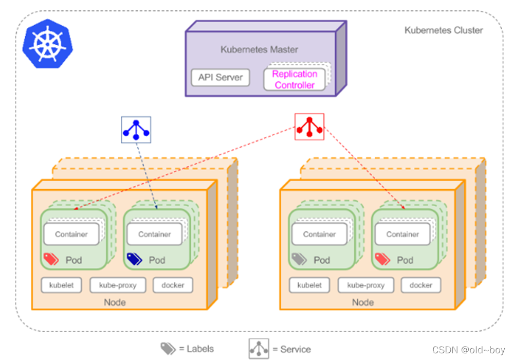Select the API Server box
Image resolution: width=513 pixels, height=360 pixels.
point(221,78)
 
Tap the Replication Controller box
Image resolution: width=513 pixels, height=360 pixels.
point(295,80)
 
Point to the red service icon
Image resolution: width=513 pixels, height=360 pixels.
point(309,127)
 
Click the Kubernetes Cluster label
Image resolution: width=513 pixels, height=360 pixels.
point(444,30)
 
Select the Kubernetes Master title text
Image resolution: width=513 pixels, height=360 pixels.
point(259,50)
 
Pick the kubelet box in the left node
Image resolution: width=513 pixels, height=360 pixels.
point(62,285)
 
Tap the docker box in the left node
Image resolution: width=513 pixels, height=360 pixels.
point(173,285)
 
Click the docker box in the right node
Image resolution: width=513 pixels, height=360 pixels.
point(420,285)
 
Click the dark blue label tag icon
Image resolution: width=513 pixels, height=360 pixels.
point(135,259)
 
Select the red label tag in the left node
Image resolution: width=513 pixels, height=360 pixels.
point(51,259)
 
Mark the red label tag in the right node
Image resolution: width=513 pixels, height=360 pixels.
point(382,259)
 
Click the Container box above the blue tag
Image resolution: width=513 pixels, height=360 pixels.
point(154,235)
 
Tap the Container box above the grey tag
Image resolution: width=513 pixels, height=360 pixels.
point(319,235)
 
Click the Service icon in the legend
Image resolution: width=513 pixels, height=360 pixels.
point(259,349)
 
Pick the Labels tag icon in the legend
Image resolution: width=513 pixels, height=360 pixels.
point(168,349)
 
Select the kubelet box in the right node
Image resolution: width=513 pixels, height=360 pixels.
point(309,285)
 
